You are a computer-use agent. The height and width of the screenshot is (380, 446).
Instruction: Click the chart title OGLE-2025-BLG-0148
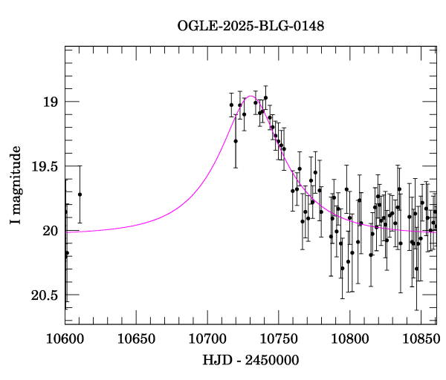click(251, 26)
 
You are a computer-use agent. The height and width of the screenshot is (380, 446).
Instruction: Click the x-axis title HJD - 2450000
click(251, 361)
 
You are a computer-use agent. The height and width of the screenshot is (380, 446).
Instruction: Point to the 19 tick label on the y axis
click(51, 102)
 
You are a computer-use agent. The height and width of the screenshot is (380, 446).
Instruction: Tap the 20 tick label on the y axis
click(51, 232)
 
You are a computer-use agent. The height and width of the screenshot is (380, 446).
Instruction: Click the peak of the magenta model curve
click(251, 96)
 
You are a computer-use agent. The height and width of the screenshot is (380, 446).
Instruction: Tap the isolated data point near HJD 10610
click(80, 194)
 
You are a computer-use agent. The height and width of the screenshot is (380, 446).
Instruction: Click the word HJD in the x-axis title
click(215, 361)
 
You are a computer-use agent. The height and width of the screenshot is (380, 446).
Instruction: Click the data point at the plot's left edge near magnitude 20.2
click(67, 253)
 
